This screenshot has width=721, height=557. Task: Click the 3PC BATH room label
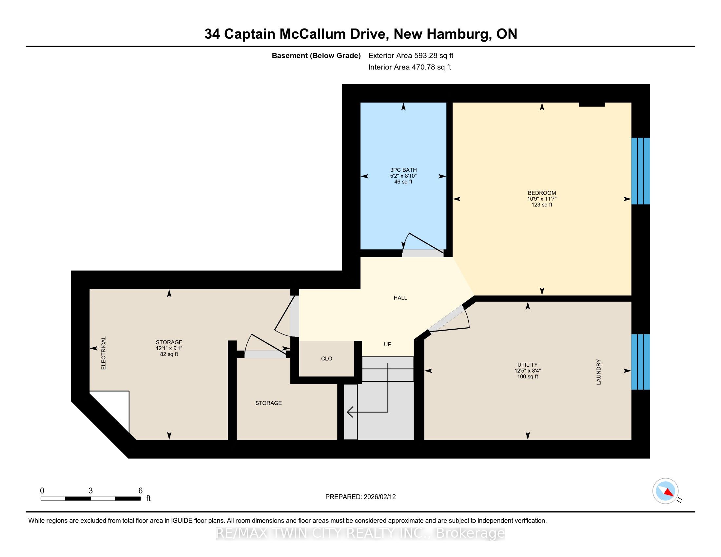pos(403,170)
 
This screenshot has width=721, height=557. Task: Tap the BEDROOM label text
pos(542,193)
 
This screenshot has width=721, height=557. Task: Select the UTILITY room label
pos(528,365)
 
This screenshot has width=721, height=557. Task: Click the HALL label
pos(400,298)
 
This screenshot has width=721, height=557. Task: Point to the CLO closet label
pos(326,359)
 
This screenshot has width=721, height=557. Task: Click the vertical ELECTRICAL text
pos(103,353)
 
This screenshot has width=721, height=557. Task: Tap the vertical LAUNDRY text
pos(598,372)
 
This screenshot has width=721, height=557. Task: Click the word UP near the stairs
pos(388,344)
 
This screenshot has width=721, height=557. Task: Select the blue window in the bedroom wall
pos(640,171)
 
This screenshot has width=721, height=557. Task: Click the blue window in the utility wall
pos(640,362)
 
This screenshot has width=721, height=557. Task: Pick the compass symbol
pos(666,491)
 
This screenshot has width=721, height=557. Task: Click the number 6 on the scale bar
pos(140,491)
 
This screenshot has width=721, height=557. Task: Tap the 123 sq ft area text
pos(542,205)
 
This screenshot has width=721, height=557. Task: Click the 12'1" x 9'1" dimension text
pos(169,348)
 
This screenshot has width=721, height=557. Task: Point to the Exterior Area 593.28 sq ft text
pos(411,56)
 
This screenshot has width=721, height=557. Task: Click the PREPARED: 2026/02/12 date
pos(360,497)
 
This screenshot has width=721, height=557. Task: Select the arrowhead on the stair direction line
pos(350,412)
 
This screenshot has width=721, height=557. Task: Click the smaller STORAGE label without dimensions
pos(268,403)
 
